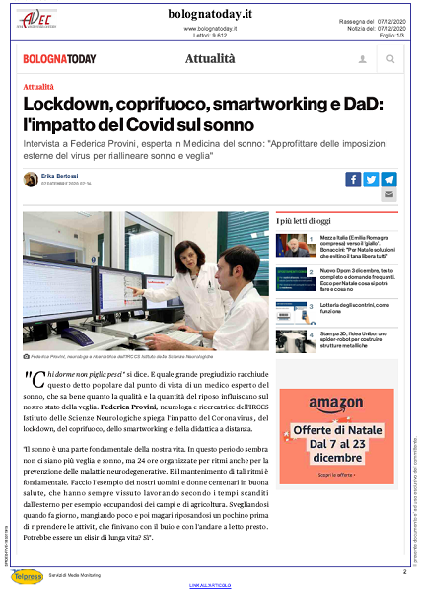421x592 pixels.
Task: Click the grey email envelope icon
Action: pyautogui.click(x=388, y=195)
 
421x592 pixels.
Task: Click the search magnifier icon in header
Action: pyautogui.click(x=390, y=60)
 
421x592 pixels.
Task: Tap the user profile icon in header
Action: pyautogui.click(x=363, y=60)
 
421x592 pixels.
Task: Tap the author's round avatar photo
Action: pyautogui.click(x=31, y=179)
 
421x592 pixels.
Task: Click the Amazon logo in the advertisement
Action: pyautogui.click(x=335, y=403)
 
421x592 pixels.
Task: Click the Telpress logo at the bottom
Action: pyautogui.click(x=29, y=576)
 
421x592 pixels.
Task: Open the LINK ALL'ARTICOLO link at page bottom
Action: pyautogui.click(x=210, y=586)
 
